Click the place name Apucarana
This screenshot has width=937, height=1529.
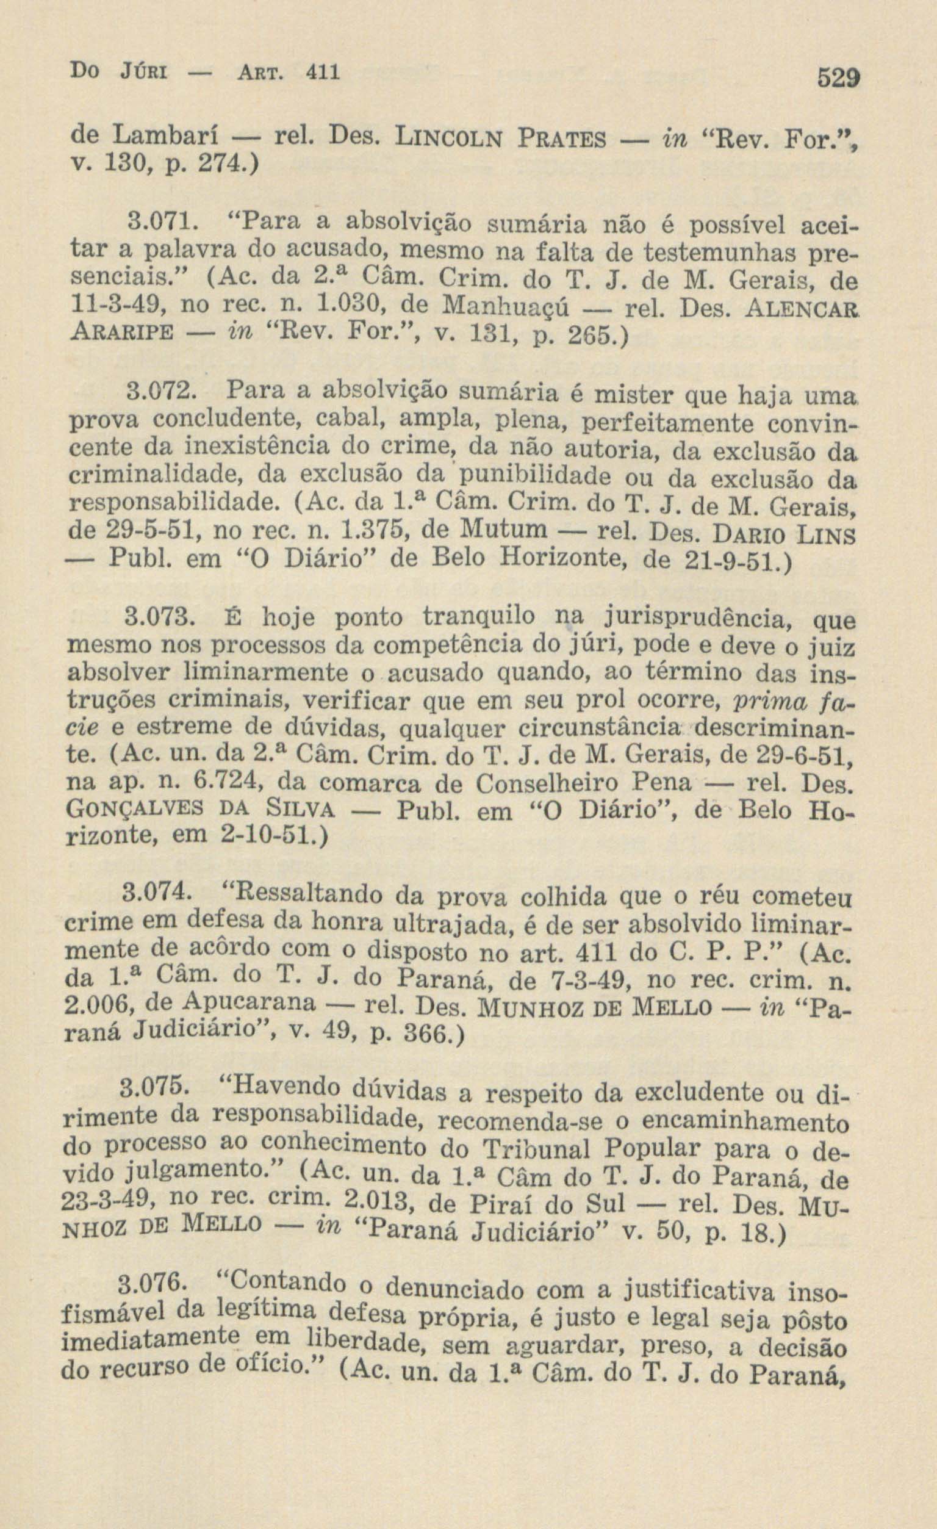(x=250, y=1003)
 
